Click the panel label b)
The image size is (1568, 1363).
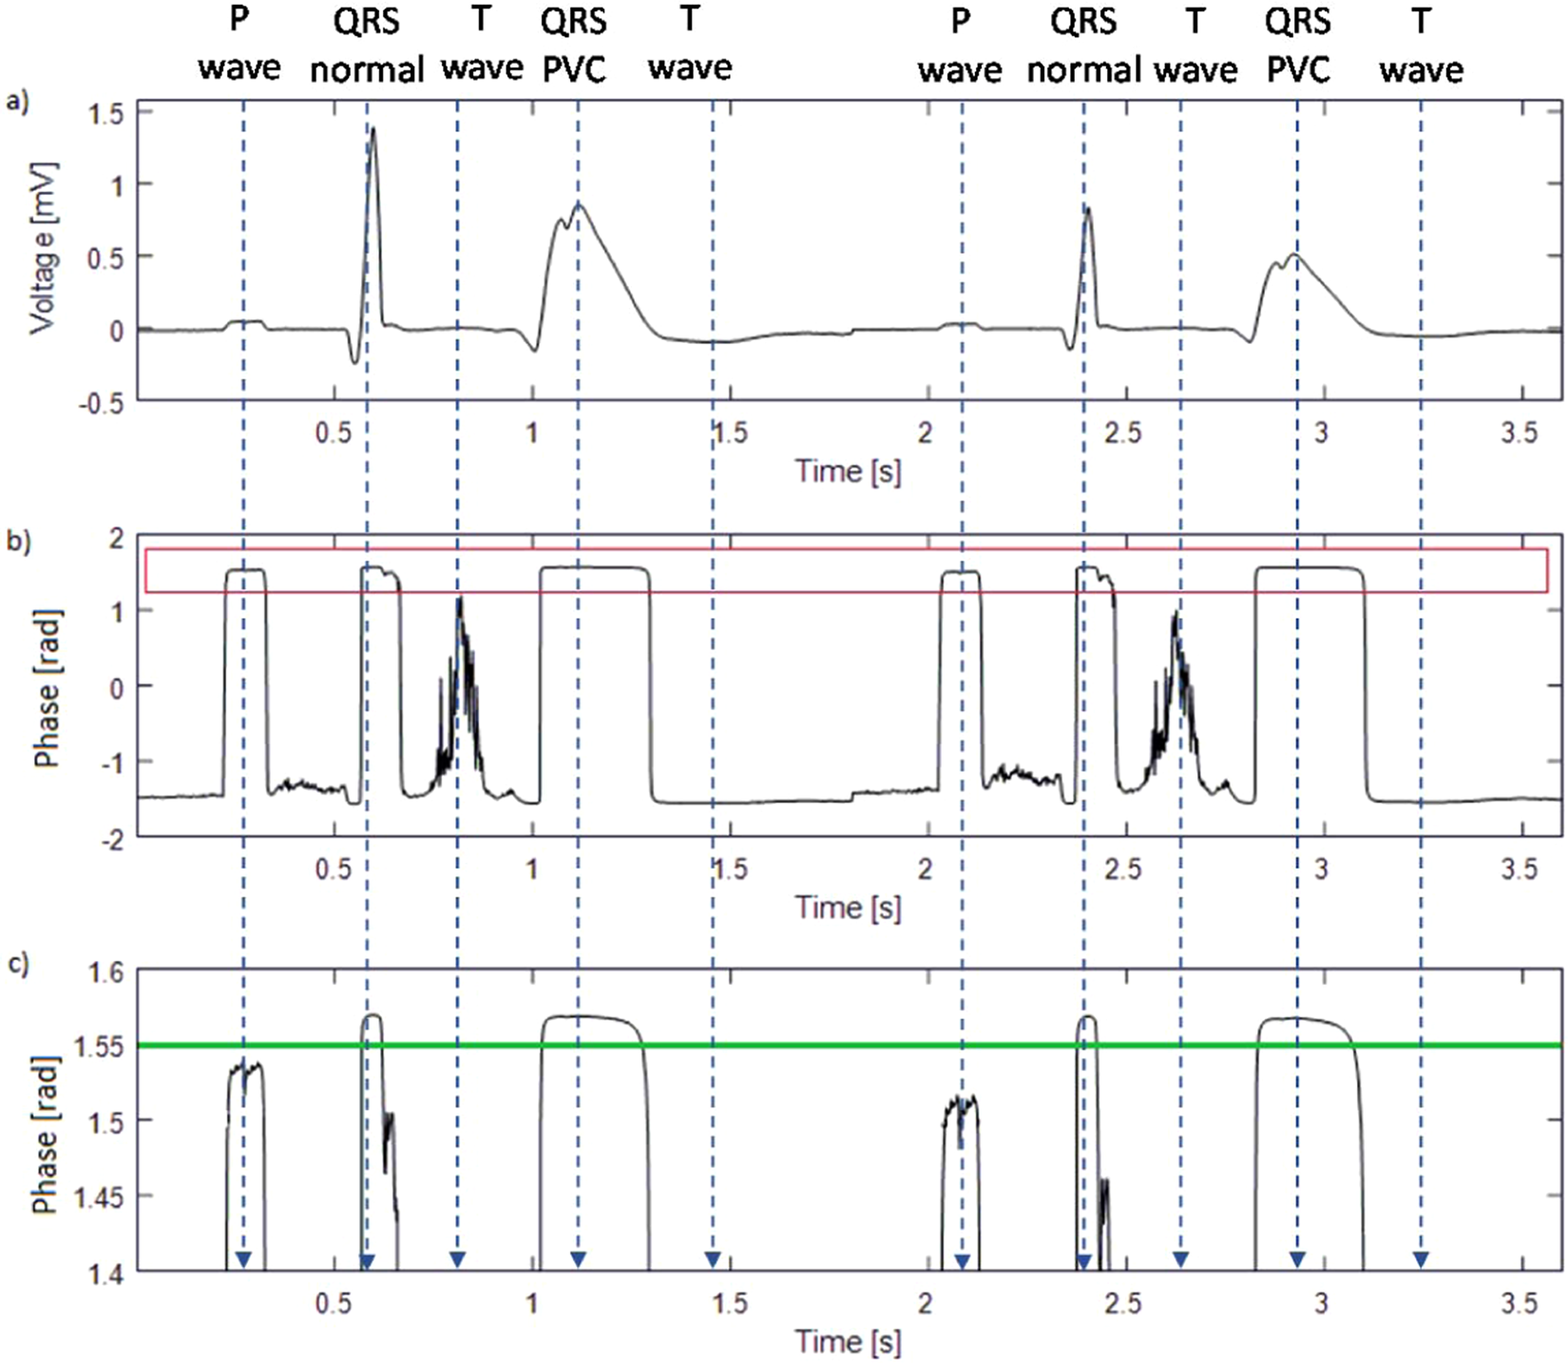pos(17,542)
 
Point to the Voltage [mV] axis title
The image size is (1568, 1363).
pos(42,249)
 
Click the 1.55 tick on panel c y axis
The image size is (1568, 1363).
pos(98,1046)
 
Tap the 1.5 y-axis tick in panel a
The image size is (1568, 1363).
pos(105,112)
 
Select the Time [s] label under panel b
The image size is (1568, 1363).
pos(848,907)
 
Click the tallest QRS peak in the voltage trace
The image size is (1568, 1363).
pos(373,129)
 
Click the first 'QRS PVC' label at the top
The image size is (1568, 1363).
pos(574,46)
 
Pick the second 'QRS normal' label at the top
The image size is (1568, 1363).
pos(1083,46)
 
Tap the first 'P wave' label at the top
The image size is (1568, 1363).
pos(239,46)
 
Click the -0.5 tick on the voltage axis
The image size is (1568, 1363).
pos(102,403)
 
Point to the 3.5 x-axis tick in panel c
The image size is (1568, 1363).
pos(1519,1302)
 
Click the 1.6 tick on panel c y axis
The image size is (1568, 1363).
pos(105,972)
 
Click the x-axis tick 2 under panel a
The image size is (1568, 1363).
pos(926,433)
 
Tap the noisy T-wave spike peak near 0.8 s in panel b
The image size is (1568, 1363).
pos(460,599)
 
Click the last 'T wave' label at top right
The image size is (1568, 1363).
pos(1421,46)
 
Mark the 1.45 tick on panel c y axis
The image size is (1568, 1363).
pos(98,1197)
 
